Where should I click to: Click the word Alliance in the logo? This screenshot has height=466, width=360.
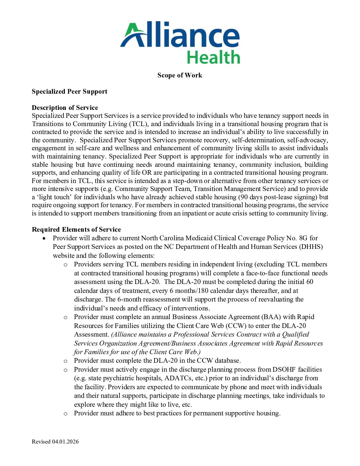pyautogui.click(x=180, y=34)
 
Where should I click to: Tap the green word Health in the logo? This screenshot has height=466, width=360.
pyautogui.click(x=213, y=57)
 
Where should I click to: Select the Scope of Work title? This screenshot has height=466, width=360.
pyautogui.click(x=180, y=75)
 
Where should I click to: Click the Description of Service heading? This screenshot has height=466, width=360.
pyautogui.click(x=65, y=108)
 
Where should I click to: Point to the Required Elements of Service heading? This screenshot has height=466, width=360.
pyautogui.click(x=76, y=229)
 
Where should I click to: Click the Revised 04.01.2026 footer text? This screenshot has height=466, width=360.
pyautogui.click(x=55, y=442)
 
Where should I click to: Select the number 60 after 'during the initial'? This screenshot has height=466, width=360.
pyautogui.click(x=310, y=282)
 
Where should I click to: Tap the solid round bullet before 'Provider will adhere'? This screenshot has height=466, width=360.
pyautogui.click(x=44, y=238)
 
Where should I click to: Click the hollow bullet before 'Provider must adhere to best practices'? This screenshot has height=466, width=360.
pyautogui.click(x=66, y=414)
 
